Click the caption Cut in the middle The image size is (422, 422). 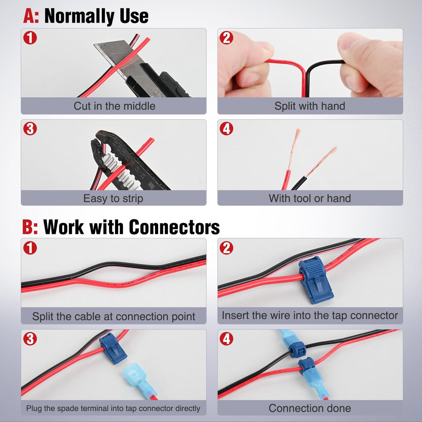pyautogui.click(x=114, y=106)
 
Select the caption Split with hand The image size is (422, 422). pyautogui.click(x=310, y=106)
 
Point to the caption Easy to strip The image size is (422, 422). pyautogui.click(x=113, y=198)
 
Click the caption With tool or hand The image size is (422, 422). pyautogui.click(x=310, y=198)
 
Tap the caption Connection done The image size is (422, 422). pyautogui.click(x=310, y=408)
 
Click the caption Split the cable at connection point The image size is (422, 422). pyautogui.click(x=114, y=316)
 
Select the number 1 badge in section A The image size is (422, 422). pyautogui.click(x=30, y=38)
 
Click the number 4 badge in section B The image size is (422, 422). pyautogui.click(x=227, y=338)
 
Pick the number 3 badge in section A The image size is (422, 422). pyautogui.click(x=30, y=129)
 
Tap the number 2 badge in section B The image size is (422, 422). pyautogui.click(x=227, y=248)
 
